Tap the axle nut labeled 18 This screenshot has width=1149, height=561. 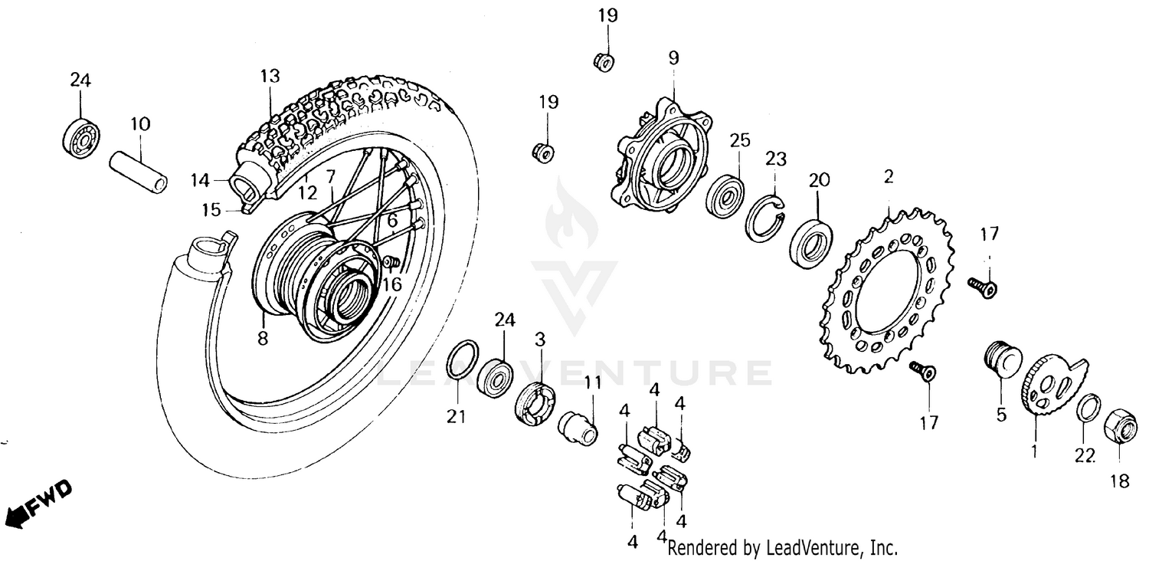[x=1120, y=426]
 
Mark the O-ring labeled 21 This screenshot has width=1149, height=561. [x=463, y=359]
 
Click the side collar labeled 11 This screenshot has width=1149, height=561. [x=580, y=426]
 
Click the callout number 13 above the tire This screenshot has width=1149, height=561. [x=270, y=77]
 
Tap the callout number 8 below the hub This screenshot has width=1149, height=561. [x=263, y=338]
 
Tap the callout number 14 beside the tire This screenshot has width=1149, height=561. [x=199, y=181]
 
